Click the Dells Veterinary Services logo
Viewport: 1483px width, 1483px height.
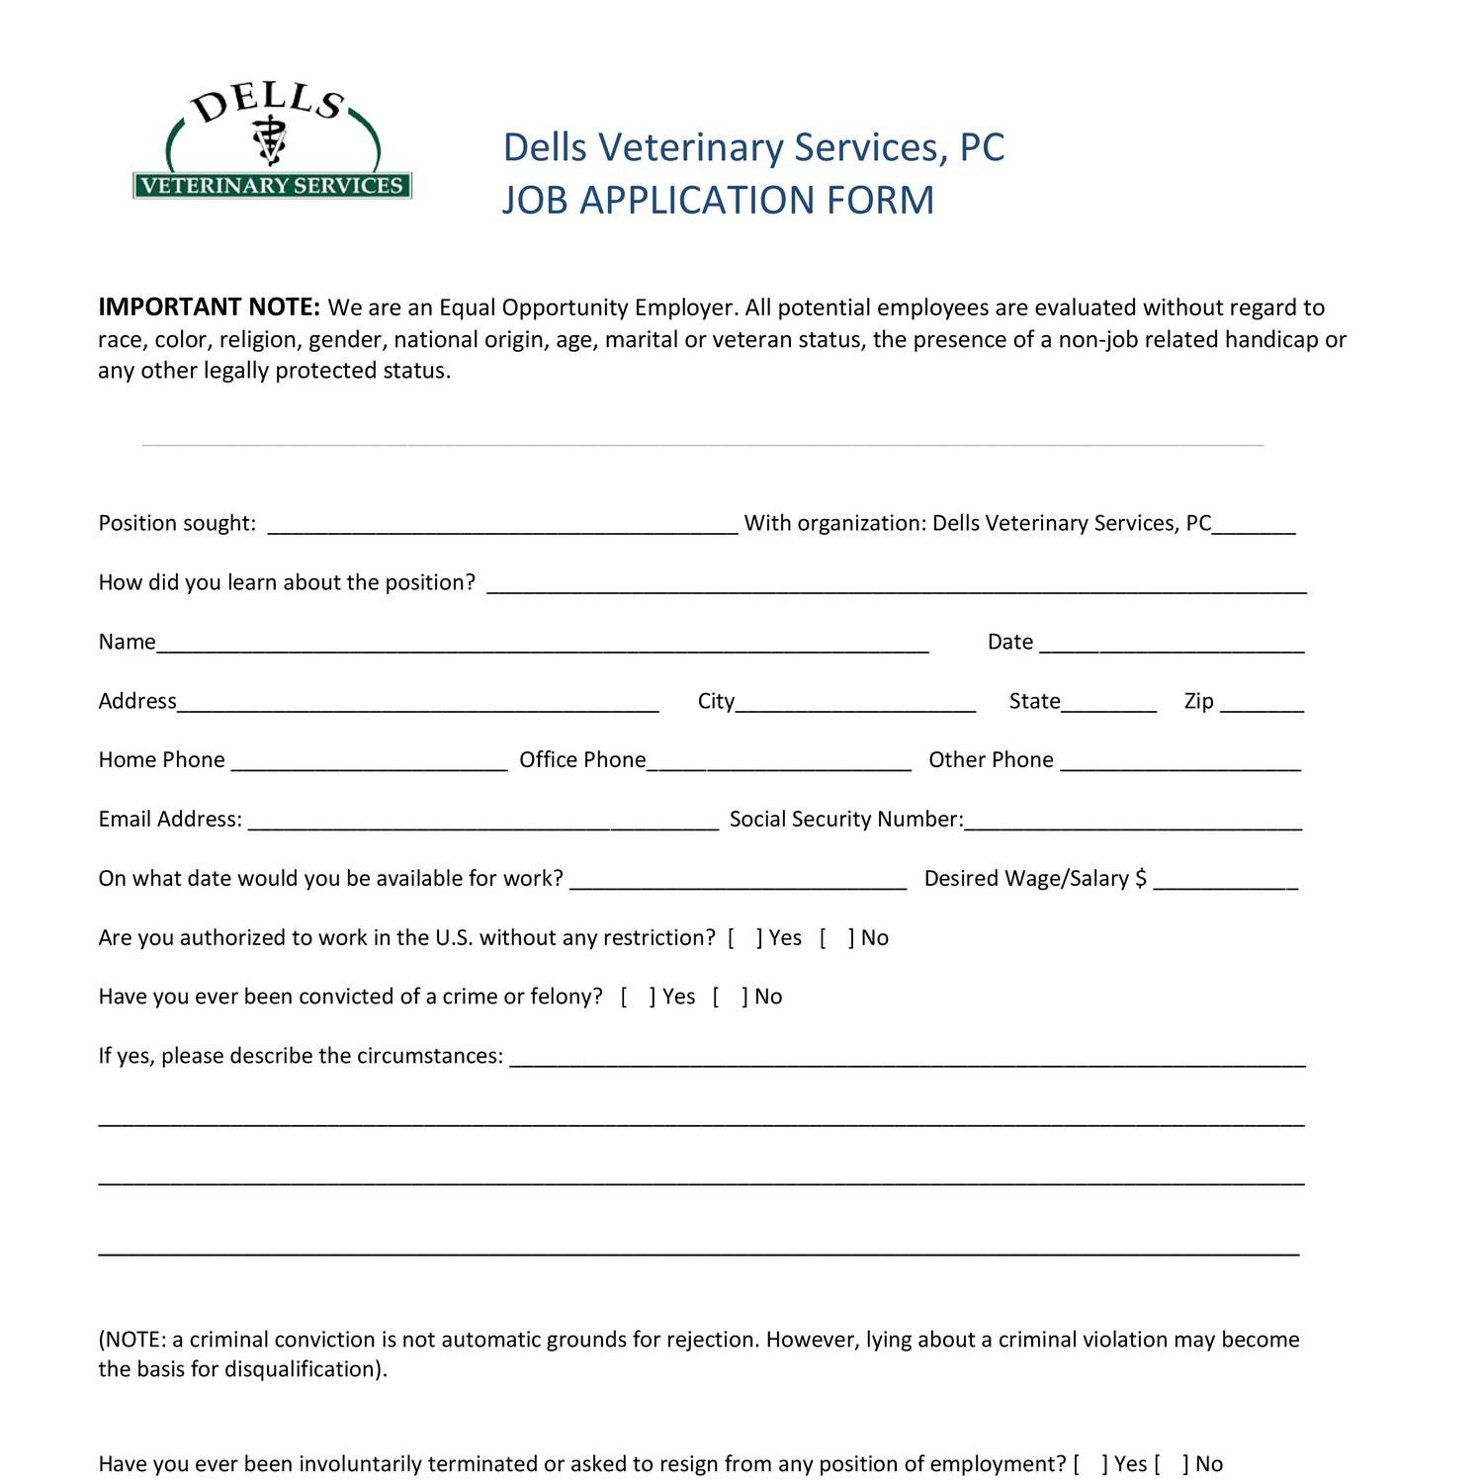(x=272, y=143)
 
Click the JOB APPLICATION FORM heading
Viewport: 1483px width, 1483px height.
(x=718, y=201)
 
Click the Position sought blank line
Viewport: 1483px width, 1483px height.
(x=502, y=525)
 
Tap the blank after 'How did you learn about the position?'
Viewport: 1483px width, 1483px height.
(x=897, y=584)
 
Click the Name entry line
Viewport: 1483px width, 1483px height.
(x=542, y=644)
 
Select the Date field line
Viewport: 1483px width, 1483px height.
(x=1172, y=644)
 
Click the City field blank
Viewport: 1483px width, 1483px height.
(x=855, y=703)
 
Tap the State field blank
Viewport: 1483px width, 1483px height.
(x=1108, y=703)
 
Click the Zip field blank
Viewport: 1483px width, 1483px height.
(x=1262, y=703)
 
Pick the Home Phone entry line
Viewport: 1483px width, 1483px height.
(x=369, y=761)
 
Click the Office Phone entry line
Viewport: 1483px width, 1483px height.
(x=778, y=761)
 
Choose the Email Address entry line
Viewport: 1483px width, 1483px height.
(x=482, y=821)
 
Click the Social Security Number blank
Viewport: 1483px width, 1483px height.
(x=1133, y=821)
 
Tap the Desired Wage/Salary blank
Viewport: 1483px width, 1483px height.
(x=1225, y=880)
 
